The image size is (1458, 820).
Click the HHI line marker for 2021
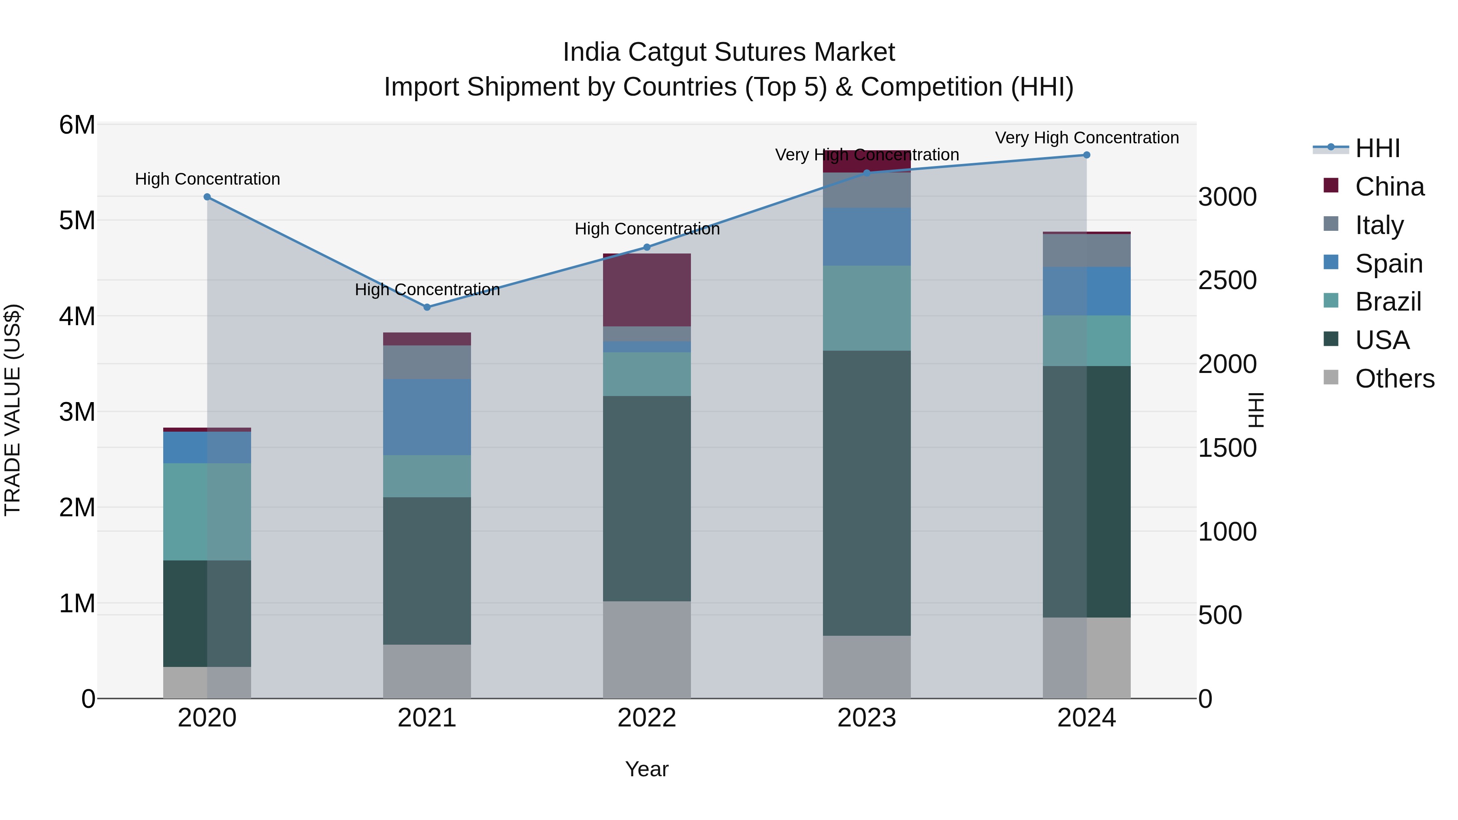tap(427, 307)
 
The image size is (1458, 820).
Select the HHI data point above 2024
tap(1086, 155)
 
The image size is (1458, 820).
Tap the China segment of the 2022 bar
tap(646, 290)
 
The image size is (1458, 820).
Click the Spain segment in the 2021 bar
tap(427, 417)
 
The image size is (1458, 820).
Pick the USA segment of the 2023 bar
tap(867, 493)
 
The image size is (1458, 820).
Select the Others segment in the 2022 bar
tap(646, 650)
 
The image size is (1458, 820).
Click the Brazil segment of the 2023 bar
tap(867, 309)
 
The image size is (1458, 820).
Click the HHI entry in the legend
tap(1377, 148)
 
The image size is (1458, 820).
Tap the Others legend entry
tap(1394, 379)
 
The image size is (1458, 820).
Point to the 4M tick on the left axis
tap(77, 316)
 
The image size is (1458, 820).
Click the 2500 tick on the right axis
tap(1227, 281)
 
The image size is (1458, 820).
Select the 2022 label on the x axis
tap(646, 718)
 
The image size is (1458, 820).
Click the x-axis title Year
tap(646, 769)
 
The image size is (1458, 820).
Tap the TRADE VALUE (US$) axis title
tap(13, 410)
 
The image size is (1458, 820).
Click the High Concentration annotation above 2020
tap(207, 179)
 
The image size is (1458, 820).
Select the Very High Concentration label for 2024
tap(1086, 138)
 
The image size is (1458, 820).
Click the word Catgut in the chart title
tap(667, 52)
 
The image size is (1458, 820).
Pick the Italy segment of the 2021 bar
tap(427, 362)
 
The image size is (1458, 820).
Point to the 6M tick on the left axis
tap(77, 125)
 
